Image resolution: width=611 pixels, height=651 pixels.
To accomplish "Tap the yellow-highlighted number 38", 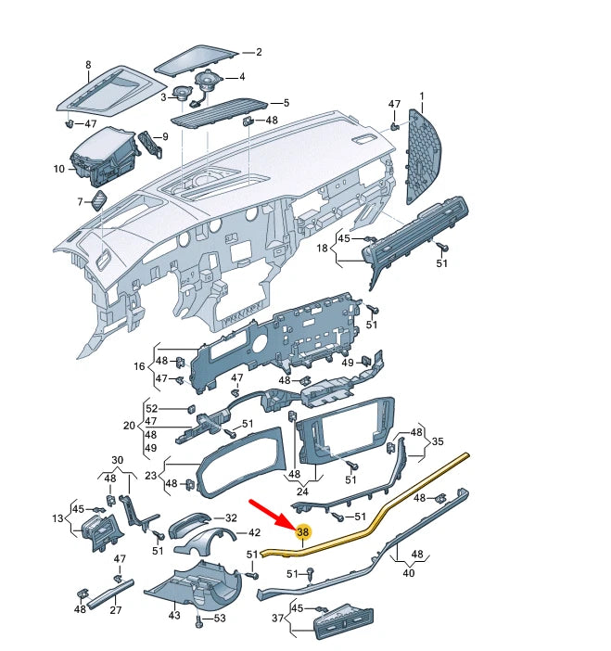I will click(x=302, y=532).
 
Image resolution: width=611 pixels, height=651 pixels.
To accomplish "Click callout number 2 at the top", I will click(x=259, y=53).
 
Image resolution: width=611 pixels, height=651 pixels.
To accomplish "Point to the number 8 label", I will click(x=88, y=65).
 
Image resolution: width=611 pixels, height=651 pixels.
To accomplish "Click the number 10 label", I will click(x=58, y=170).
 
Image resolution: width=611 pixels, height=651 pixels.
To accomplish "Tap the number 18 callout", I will click(x=322, y=249).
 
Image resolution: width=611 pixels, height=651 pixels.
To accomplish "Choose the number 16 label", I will click(x=139, y=367).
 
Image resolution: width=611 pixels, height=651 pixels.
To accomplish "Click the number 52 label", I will click(x=152, y=409).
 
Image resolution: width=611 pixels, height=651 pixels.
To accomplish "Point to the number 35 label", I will click(x=438, y=441).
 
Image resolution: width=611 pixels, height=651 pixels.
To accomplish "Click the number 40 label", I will click(x=408, y=572).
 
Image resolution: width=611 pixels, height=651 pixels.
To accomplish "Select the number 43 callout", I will click(x=174, y=616).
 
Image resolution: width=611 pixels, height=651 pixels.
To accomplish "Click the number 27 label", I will click(x=116, y=610).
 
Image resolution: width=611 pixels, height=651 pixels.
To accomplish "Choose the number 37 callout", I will click(x=275, y=619).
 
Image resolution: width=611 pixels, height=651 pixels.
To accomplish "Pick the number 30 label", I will click(x=117, y=461).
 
